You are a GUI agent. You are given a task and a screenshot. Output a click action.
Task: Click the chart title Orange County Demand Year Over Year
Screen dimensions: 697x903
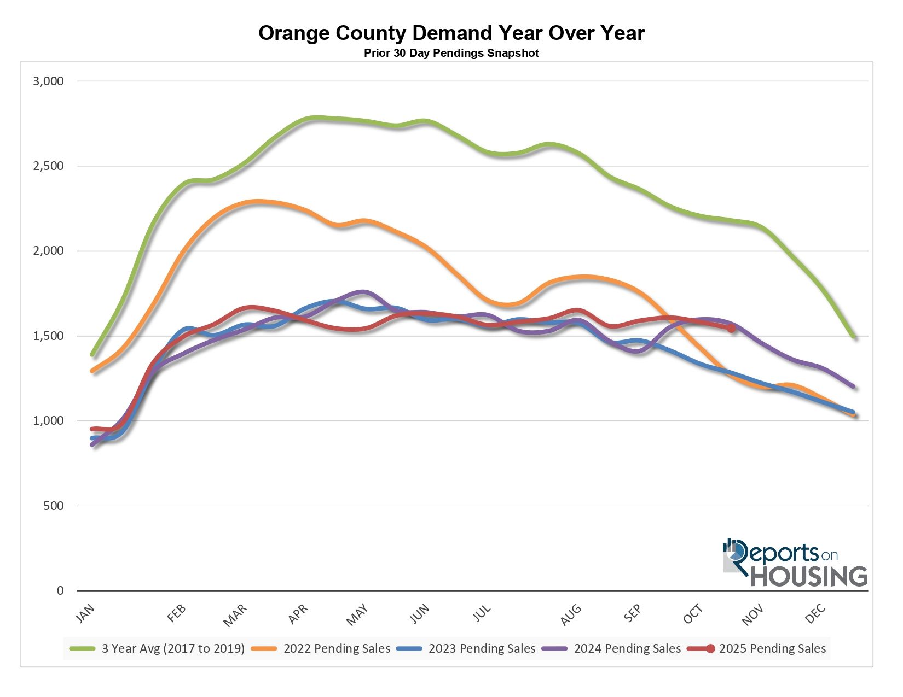tap(451, 33)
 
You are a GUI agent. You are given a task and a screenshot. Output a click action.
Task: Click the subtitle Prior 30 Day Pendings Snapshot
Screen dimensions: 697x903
tap(451, 54)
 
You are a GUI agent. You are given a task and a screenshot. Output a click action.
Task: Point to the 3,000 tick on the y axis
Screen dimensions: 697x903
tap(49, 81)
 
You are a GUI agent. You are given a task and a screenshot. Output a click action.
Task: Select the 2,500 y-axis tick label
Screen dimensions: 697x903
tap(49, 166)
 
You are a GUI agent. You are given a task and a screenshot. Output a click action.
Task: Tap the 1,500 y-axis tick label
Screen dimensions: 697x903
tap(49, 336)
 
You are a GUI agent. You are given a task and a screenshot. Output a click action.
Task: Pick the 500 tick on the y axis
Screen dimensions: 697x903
tap(53, 506)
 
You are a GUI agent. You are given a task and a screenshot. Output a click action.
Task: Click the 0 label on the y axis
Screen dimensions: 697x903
tap(60, 591)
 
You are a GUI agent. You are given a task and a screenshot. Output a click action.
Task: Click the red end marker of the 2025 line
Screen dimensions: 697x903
tap(731, 329)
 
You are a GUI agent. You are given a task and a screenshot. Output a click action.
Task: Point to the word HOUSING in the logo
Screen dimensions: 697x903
tap(809, 576)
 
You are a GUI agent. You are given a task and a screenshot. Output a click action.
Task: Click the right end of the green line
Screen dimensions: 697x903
tap(853, 337)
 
